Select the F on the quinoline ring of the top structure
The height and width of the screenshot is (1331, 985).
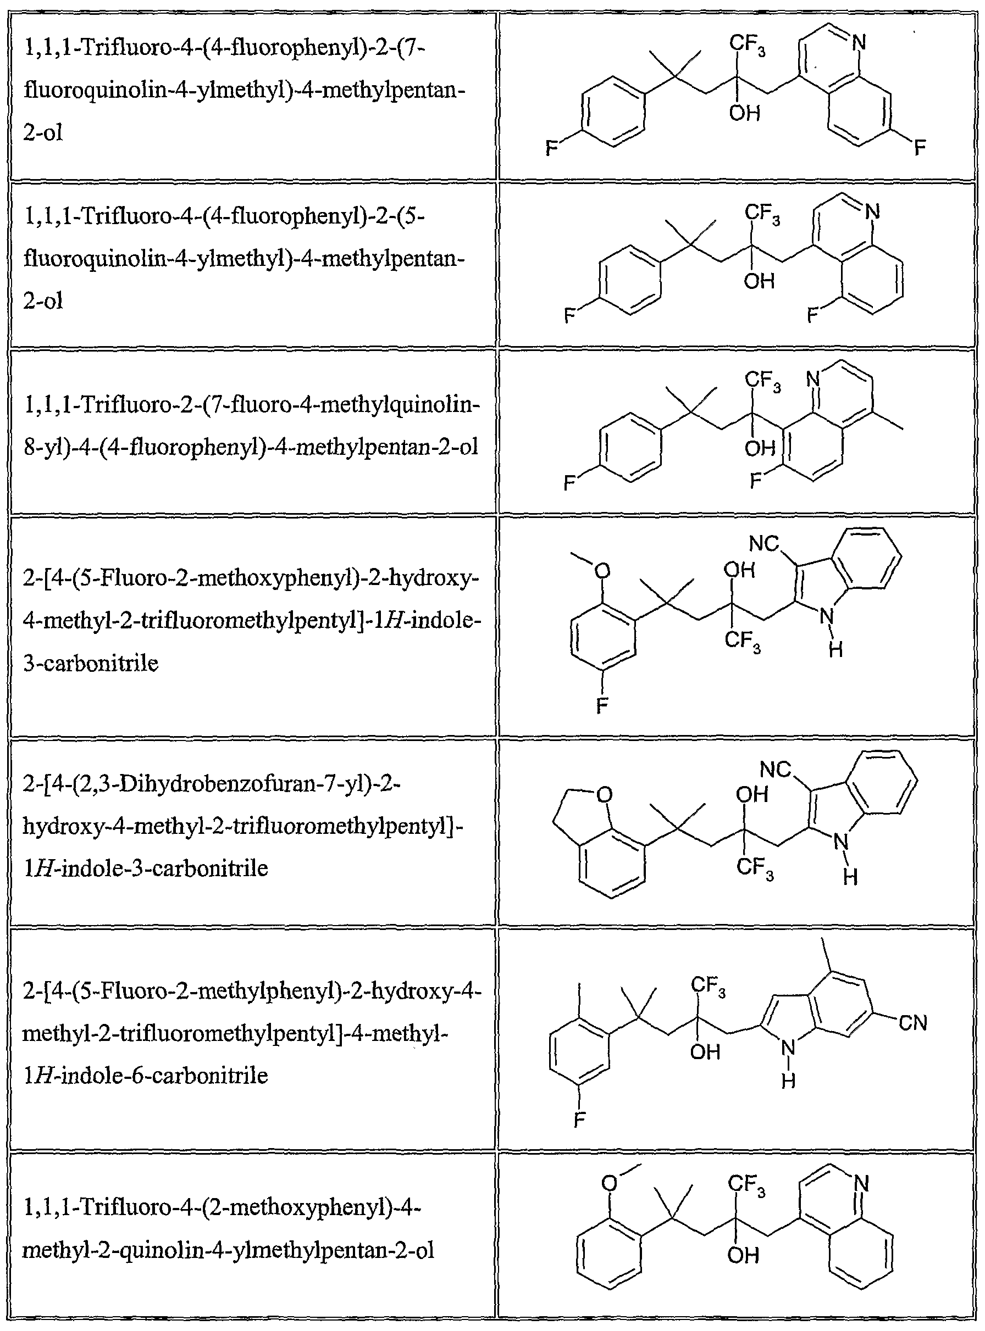click(920, 147)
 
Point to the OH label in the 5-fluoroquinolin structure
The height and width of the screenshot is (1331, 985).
click(759, 281)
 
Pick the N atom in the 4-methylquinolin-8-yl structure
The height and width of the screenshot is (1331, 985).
click(814, 378)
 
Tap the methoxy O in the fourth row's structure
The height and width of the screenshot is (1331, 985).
click(602, 571)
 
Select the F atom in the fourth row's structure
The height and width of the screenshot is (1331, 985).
click(602, 706)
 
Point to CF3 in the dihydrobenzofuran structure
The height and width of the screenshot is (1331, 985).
click(755, 867)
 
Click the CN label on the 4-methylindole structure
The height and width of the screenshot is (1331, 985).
click(913, 1023)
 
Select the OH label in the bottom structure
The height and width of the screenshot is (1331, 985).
click(743, 1255)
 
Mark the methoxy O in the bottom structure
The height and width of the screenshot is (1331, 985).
click(609, 1183)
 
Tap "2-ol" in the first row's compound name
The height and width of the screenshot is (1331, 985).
click(43, 132)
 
